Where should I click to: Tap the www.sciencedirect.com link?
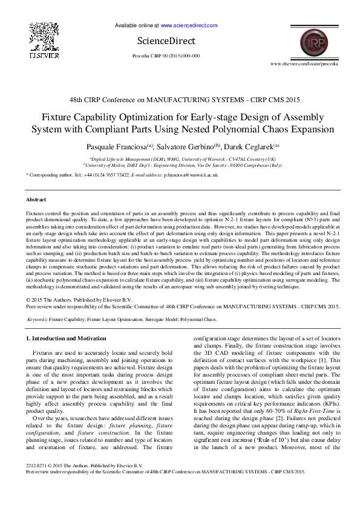coord(189,26)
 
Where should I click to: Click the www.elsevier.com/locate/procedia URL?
coord(304,63)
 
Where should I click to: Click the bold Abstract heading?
coord(36,199)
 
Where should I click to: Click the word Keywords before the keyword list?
coord(38,319)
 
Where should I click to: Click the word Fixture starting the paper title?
coord(56,117)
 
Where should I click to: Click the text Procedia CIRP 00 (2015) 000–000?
coord(166,56)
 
